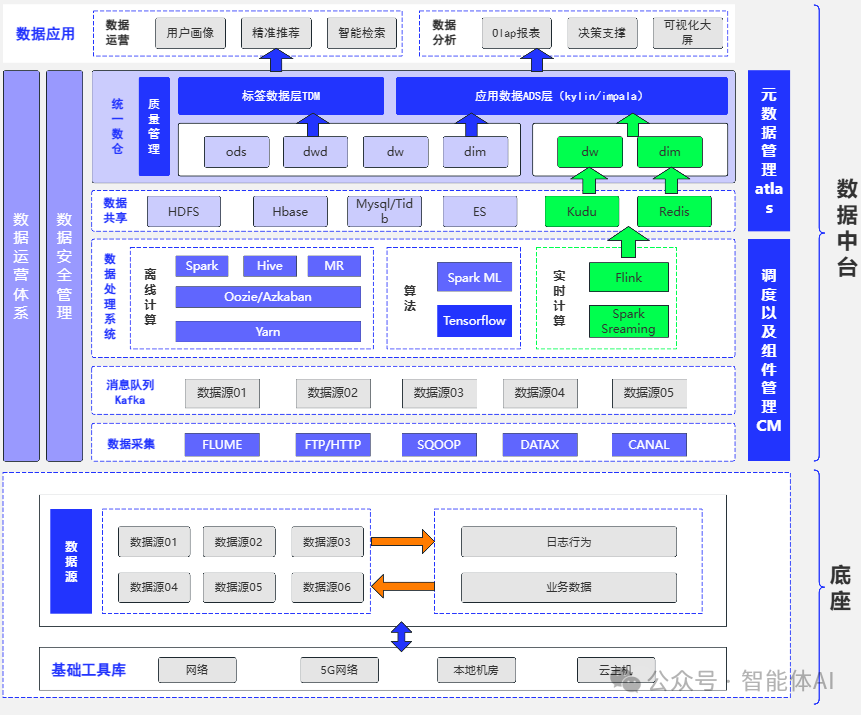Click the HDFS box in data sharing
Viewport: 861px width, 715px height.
coord(183,212)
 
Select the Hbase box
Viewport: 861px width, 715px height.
coord(290,212)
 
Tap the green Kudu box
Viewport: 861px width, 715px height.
coord(581,212)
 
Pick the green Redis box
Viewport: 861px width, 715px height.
coord(674,212)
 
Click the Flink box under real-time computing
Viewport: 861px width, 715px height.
coord(628,277)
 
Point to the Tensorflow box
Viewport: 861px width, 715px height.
coord(474,321)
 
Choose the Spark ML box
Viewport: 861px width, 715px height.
coord(474,277)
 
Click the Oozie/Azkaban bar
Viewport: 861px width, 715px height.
coord(268,297)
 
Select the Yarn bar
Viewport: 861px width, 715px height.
coord(268,331)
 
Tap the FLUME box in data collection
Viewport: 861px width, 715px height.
coord(221,444)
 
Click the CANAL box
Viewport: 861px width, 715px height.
coord(648,444)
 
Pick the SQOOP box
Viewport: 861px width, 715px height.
coord(438,444)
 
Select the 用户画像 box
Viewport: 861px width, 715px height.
coord(190,33)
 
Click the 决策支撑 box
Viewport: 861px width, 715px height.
coord(602,33)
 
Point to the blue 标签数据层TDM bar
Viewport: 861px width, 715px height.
coord(281,96)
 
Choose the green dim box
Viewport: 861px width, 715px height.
coord(669,152)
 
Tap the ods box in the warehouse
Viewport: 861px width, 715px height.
coord(236,152)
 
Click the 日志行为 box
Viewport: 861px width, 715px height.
coord(568,542)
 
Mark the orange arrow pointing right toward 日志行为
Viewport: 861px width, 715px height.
coord(402,542)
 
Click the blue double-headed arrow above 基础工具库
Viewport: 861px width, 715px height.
coord(401,636)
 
